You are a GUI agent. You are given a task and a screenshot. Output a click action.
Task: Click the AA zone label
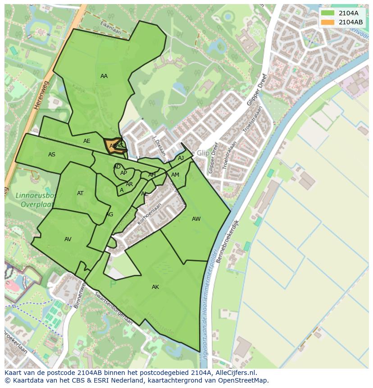pos(104,76)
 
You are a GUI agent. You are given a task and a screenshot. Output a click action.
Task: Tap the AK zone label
pos(155,287)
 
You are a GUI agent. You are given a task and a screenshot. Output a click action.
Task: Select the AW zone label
pos(196,219)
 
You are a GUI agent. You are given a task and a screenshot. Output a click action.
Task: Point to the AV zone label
pos(68,239)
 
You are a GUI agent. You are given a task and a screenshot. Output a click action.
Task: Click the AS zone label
pos(52,155)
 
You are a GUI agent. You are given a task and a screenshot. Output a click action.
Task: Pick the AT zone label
pos(80,193)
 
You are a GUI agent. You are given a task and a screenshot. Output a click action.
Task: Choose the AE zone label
pos(87,141)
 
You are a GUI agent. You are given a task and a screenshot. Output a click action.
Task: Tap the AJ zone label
pos(181,158)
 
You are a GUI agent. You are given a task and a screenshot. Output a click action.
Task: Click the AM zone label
pos(175,175)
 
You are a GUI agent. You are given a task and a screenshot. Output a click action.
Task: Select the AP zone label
pos(123,173)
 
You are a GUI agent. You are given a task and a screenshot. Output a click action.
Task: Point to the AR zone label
pos(129,184)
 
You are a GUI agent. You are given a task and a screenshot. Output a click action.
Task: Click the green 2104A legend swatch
pos(328,13)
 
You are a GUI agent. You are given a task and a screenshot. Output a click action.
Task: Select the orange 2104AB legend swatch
pos(328,22)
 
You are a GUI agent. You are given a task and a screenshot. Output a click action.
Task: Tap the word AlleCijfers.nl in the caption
pos(235,373)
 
